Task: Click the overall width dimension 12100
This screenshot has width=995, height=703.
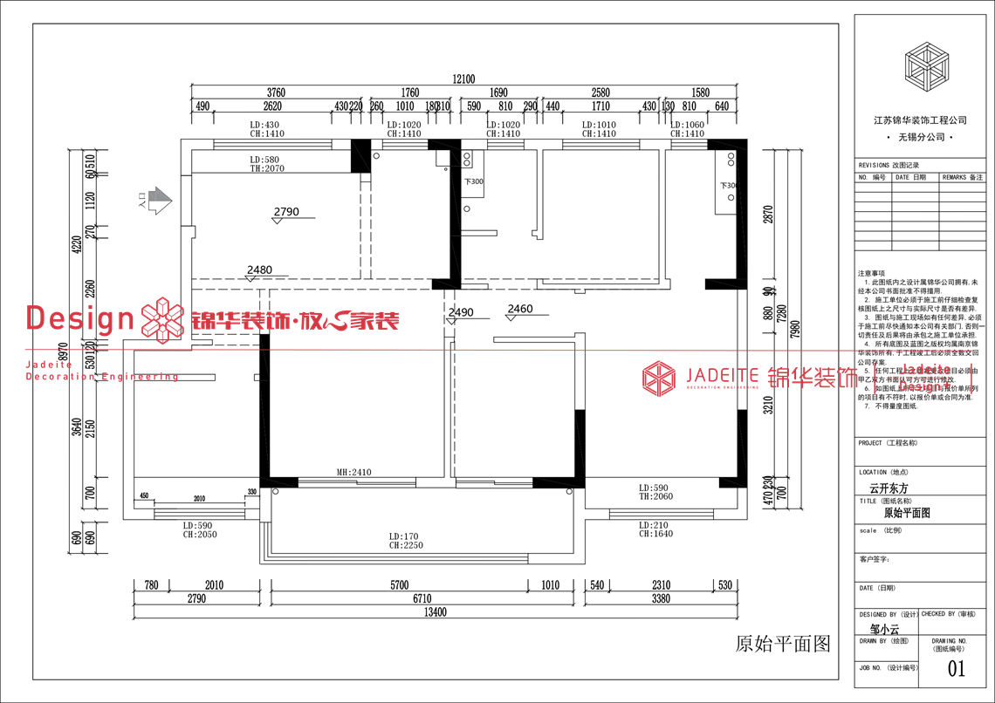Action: pyautogui.click(x=464, y=79)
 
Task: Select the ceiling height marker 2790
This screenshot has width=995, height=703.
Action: pyautogui.click(x=286, y=212)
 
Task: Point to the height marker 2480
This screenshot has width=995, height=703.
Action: pyautogui.click(x=259, y=270)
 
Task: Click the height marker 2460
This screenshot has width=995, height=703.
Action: pyautogui.click(x=519, y=309)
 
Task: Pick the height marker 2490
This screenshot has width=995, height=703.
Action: pyautogui.click(x=460, y=312)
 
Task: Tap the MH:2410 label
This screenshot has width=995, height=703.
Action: pyautogui.click(x=354, y=473)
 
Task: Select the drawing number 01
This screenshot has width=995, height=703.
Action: pyautogui.click(x=957, y=669)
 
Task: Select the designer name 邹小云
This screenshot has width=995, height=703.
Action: pyautogui.click(x=885, y=628)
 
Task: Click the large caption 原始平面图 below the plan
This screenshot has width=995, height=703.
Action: pyautogui.click(x=782, y=644)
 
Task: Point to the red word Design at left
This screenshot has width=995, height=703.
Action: pyautogui.click(x=79, y=318)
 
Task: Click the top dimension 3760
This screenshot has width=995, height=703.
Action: pyautogui.click(x=276, y=92)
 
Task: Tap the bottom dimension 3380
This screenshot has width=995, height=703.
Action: pyautogui.click(x=661, y=599)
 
